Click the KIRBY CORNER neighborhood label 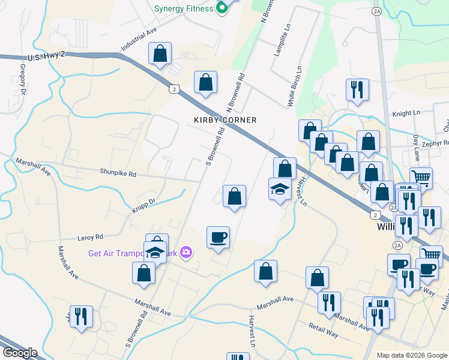pos(225,120)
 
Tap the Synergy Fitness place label pos(183,8)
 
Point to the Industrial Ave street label pos(138,38)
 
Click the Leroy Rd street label pos(91,237)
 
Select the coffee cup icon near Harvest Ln pos(218,237)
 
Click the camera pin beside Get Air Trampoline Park pos(186,253)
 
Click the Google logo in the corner pos(20,353)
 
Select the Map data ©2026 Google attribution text pos(411,355)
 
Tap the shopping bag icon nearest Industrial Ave pos(160,53)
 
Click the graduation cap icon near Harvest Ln pos(279,189)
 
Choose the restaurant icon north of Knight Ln pos(357,89)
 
